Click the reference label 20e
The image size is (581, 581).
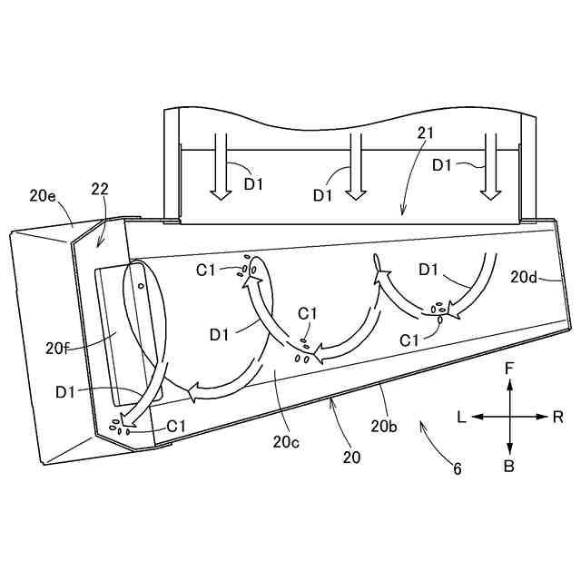tap(44, 194)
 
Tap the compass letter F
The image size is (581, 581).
tap(510, 369)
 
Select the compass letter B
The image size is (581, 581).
tap(510, 466)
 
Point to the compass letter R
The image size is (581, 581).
tap(556, 417)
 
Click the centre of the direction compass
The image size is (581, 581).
tap(510, 417)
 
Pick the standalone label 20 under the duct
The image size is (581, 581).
tap(351, 458)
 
